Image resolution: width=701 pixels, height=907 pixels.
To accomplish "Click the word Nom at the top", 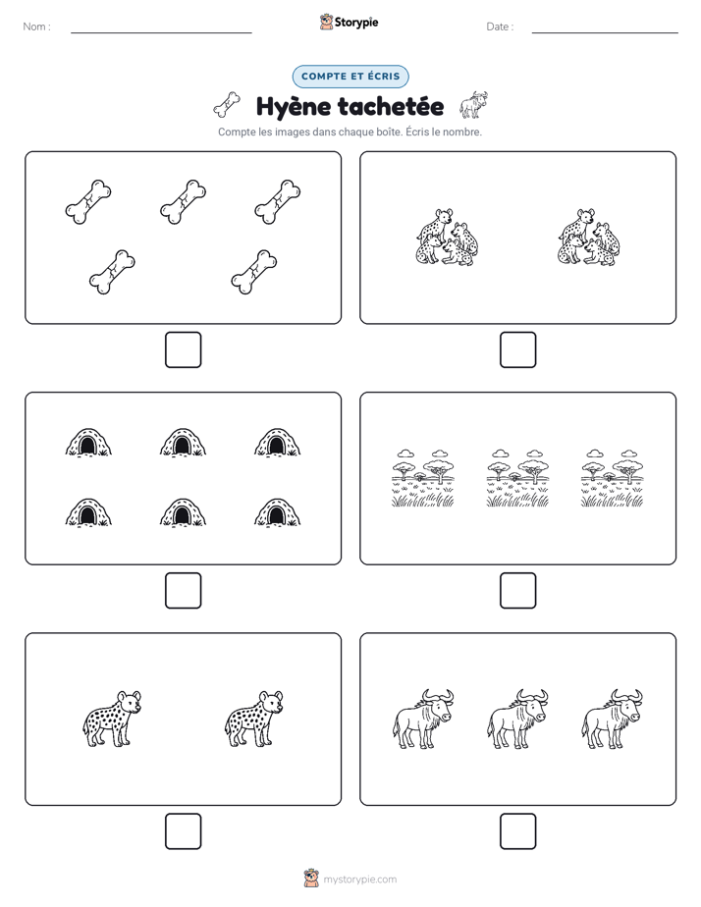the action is point(34,27).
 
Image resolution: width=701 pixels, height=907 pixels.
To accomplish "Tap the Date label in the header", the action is point(498,27).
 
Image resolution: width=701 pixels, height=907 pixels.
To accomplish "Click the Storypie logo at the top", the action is point(349,22).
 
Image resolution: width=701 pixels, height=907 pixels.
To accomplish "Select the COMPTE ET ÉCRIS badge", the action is point(350,77).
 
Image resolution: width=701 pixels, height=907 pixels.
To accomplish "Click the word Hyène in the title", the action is point(294,107).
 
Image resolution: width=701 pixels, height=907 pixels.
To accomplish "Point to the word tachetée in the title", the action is point(391,106).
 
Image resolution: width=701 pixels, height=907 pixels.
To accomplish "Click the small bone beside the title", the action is point(228,105).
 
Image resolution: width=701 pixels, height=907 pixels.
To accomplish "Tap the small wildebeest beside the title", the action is point(473,105).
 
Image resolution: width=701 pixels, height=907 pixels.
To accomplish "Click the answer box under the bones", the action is point(184,350).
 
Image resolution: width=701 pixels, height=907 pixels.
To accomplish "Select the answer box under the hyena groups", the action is point(518,350).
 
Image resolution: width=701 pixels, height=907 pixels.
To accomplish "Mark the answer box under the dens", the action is point(184,591).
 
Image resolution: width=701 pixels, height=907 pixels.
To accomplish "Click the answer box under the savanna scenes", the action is point(518,591).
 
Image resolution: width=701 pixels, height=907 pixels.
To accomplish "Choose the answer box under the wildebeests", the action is point(518,831).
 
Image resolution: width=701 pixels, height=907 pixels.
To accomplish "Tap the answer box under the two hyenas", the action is point(184,831).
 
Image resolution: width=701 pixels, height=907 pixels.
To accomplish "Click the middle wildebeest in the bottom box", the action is point(517,719).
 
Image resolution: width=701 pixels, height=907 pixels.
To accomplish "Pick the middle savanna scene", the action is point(517,478).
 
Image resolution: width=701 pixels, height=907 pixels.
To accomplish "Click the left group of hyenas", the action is point(447,238).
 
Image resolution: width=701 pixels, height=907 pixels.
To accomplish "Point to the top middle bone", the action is point(184,202).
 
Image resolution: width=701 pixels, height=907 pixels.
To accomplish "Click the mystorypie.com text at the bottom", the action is point(359,880).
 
